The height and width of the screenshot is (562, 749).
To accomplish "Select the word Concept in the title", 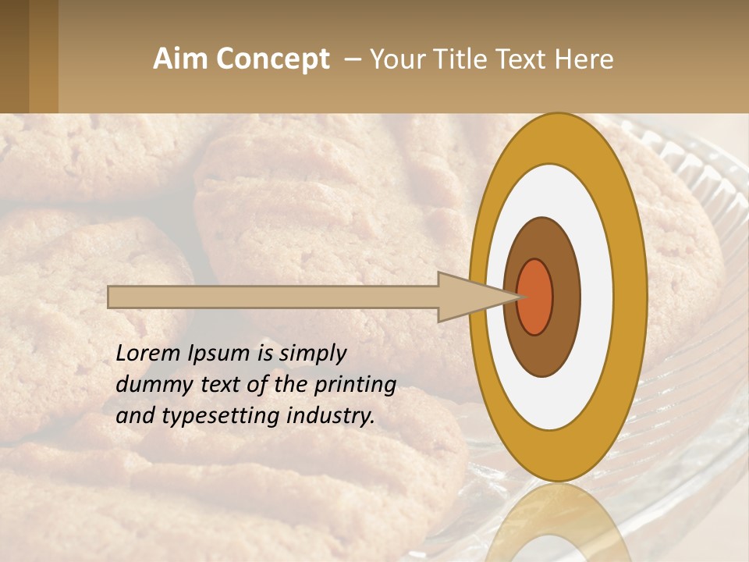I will [x=271, y=59].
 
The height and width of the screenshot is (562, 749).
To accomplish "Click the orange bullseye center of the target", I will [x=534, y=297].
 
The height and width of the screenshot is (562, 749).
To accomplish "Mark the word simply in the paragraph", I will [x=312, y=354].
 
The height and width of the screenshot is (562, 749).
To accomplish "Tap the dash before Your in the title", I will [x=352, y=59].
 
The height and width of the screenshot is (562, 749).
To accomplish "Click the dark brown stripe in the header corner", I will [x=14, y=56].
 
